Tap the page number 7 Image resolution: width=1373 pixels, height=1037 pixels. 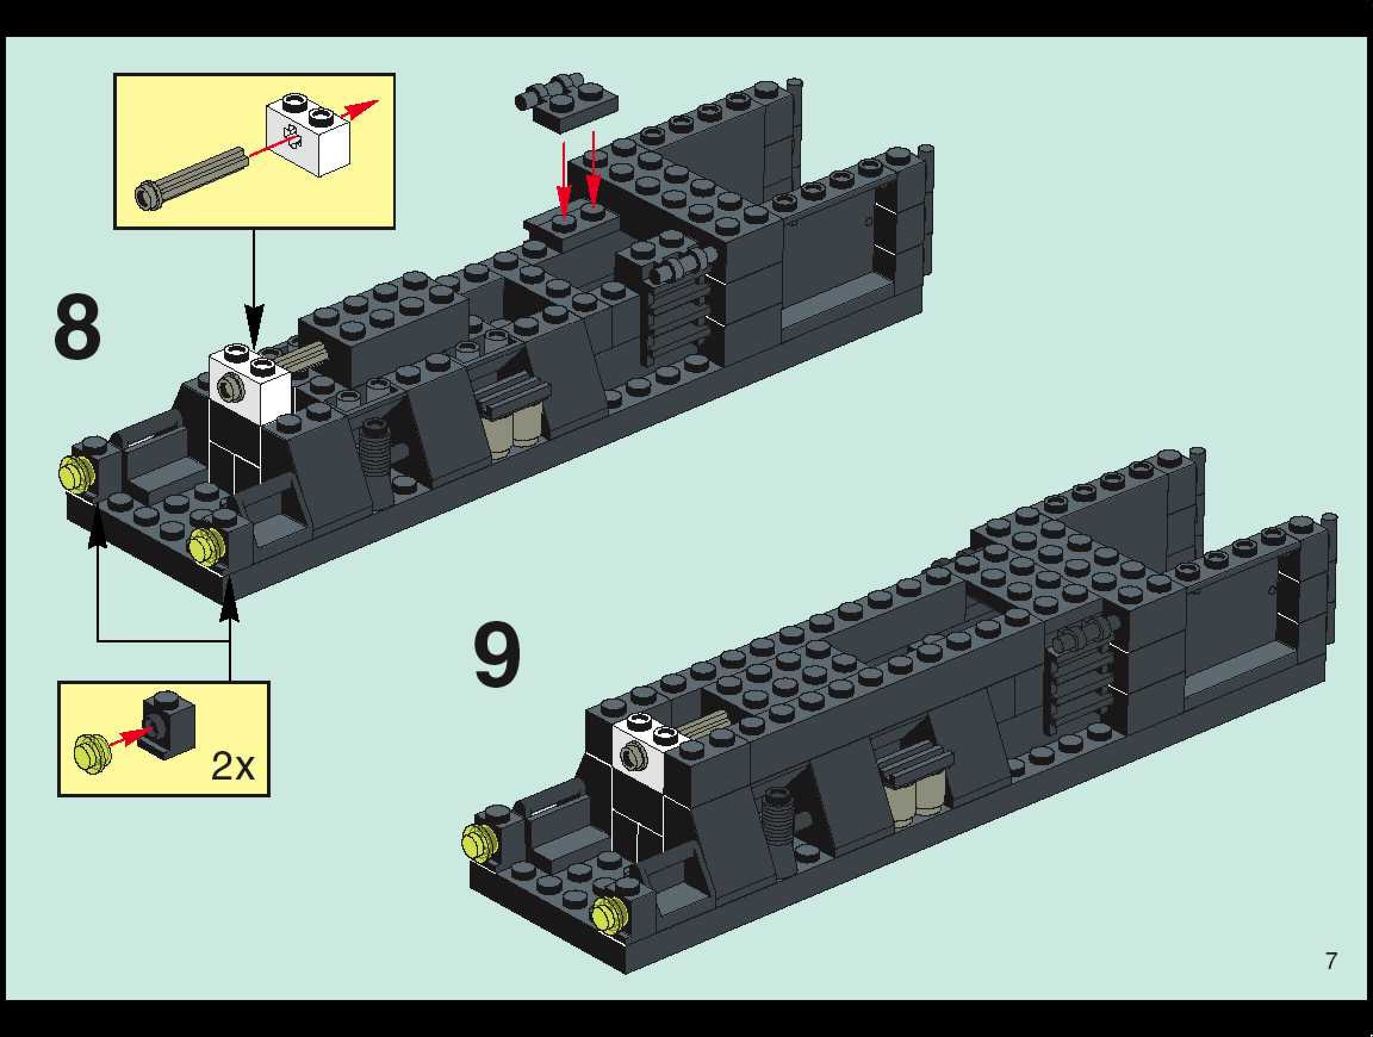click(1331, 961)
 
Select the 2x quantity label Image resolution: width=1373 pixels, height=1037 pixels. click(233, 766)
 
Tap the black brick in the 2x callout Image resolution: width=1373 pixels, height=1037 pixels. click(169, 723)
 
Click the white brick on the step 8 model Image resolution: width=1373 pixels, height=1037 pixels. click(250, 385)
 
